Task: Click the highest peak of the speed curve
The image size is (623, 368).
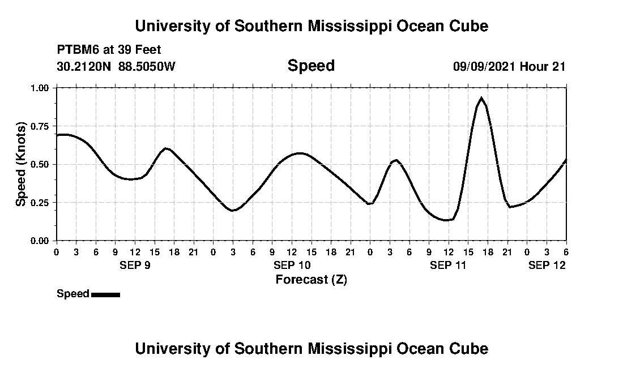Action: pyautogui.click(x=481, y=98)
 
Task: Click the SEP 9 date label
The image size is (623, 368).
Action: pyautogui.click(x=135, y=265)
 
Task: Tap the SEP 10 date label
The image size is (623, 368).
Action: pyautogui.click(x=292, y=265)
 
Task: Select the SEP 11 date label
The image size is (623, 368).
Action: pyautogui.click(x=448, y=265)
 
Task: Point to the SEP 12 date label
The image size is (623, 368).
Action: pyautogui.click(x=547, y=265)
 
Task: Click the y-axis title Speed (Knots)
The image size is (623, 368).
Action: pyautogui.click(x=21, y=164)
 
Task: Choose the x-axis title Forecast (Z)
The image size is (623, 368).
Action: pyautogui.click(x=311, y=279)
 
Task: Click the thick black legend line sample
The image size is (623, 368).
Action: pyautogui.click(x=105, y=294)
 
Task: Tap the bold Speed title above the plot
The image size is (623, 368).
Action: pyautogui.click(x=311, y=66)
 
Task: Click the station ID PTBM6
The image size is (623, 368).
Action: pyautogui.click(x=77, y=50)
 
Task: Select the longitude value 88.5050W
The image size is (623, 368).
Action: pyautogui.click(x=147, y=66)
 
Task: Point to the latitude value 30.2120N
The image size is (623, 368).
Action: pyautogui.click(x=85, y=66)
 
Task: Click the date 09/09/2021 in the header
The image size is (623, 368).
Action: pyautogui.click(x=484, y=66)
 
